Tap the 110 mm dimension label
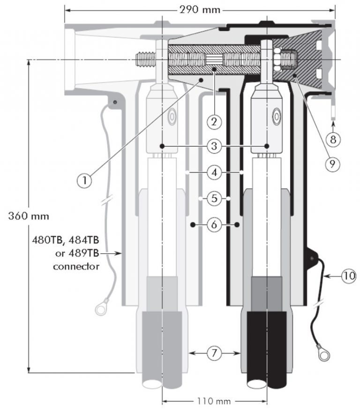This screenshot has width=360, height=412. (214, 401)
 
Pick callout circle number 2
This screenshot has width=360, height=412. (214, 122)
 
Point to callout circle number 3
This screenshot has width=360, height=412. (214, 147)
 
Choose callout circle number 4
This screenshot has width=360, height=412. (214, 173)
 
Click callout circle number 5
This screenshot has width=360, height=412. (214, 199)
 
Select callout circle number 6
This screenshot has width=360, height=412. (214, 225)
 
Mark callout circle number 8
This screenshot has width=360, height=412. (333, 139)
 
